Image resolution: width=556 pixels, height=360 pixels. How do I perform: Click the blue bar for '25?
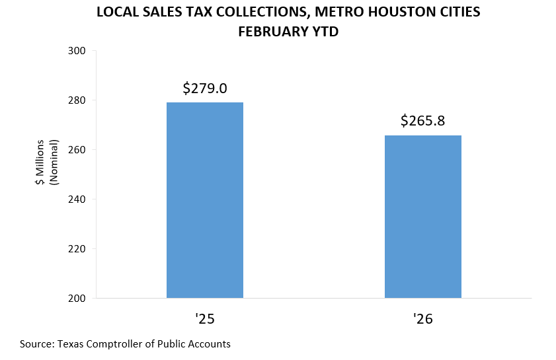click(204, 200)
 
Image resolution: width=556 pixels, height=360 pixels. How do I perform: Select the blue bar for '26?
click(422, 217)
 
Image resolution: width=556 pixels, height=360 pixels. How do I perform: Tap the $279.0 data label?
click(205, 88)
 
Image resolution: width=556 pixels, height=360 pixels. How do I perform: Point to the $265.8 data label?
click(423, 121)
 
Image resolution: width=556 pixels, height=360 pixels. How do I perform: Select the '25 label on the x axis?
click(205, 320)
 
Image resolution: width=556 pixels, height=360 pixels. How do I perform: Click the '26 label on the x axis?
click(423, 320)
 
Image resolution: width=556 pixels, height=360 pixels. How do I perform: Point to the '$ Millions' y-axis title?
click(41, 162)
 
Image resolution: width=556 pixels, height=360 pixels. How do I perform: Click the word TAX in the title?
click(184, 12)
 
